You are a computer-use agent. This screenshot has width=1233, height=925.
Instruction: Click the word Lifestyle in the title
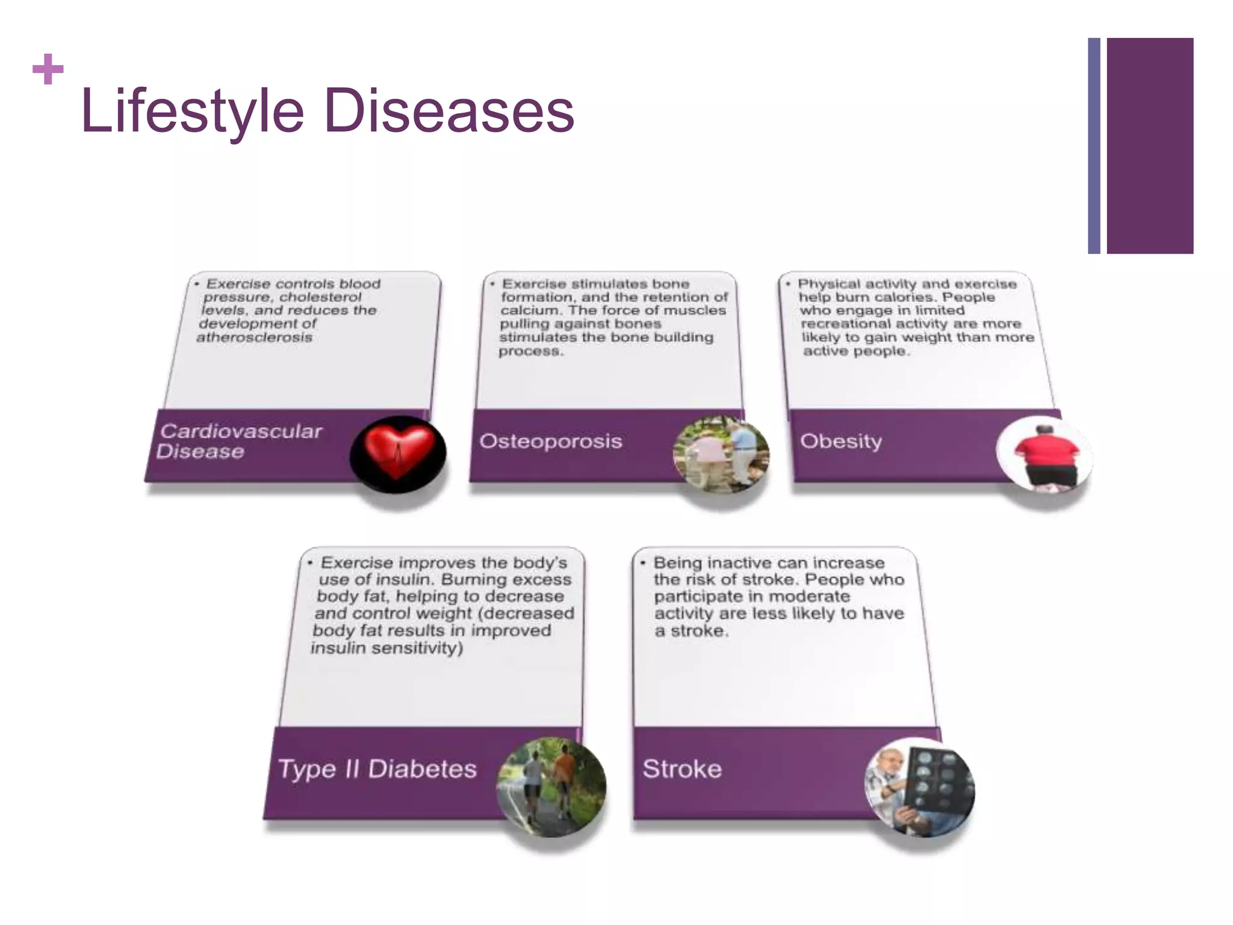[x=193, y=111]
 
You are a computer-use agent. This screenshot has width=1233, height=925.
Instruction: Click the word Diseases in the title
[x=449, y=111]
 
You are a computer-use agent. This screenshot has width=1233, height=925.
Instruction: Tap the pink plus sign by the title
[x=48, y=69]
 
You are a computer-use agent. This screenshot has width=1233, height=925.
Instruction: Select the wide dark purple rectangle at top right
[x=1149, y=146]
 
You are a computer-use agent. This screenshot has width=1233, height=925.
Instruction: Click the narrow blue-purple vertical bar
[x=1094, y=146]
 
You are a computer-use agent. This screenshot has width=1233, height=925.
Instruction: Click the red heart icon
[x=398, y=453]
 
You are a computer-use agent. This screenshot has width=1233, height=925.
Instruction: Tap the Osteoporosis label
[x=550, y=441]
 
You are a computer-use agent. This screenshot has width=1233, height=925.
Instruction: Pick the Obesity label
[x=840, y=441]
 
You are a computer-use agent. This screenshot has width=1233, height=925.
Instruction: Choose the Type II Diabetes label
[x=377, y=769]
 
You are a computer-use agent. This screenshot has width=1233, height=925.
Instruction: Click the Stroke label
[x=682, y=769]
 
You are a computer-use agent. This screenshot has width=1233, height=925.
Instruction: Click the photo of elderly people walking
[x=721, y=455]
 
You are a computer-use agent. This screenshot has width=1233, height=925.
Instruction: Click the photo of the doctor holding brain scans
[x=919, y=786]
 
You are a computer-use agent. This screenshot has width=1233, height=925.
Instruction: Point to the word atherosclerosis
[x=254, y=337]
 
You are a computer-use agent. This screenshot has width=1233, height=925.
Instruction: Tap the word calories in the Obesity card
[x=904, y=297]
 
